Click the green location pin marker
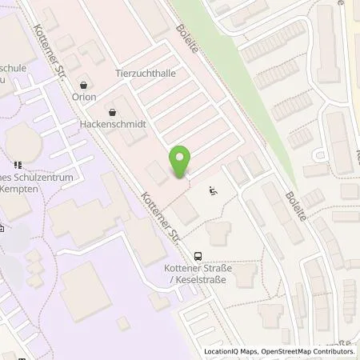[x=182, y=162]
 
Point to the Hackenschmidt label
[x=112, y=125]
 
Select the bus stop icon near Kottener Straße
[x=198, y=257]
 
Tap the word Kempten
[x=23, y=192]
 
